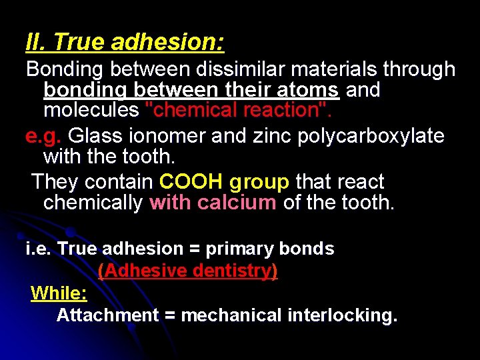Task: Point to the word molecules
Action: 90,109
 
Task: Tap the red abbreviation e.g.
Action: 43,136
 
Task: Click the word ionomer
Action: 169,136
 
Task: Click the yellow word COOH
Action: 191,182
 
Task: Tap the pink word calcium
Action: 237,203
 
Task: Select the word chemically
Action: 93,203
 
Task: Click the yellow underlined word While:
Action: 59,293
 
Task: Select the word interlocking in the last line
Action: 342,315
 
